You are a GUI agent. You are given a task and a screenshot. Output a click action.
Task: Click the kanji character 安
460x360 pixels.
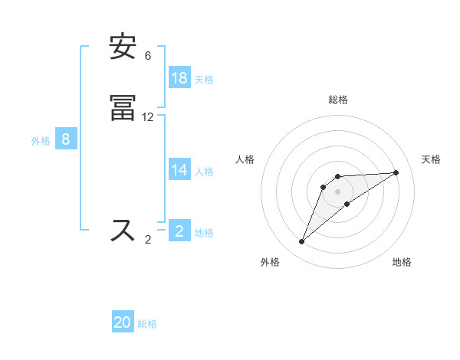tap(123, 48)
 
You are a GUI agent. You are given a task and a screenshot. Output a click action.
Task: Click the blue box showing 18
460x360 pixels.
tap(179, 78)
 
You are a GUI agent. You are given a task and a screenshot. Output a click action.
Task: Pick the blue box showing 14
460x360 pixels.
tap(179, 171)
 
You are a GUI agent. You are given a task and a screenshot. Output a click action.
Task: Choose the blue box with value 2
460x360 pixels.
tap(179, 231)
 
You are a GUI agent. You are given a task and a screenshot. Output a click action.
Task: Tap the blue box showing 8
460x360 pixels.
tap(66, 139)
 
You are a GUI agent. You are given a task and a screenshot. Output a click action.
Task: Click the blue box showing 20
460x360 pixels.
tap(123, 322)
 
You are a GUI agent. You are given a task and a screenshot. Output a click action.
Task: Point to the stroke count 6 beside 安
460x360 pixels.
tap(148, 56)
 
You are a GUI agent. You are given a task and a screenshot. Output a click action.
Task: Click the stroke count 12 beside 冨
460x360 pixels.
tap(148, 117)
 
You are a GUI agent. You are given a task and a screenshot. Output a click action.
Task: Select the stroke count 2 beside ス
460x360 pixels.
tap(148, 239)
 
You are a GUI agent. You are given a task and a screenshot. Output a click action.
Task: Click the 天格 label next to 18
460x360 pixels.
tap(204, 79)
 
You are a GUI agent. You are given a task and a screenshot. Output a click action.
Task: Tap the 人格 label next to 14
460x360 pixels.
tap(204, 172)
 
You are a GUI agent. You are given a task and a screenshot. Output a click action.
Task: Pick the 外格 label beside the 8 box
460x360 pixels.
tap(41, 140)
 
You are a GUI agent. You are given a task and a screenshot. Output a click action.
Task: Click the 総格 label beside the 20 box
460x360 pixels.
tap(147, 323)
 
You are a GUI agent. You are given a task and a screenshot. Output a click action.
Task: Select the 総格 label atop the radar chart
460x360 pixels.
tap(338, 100)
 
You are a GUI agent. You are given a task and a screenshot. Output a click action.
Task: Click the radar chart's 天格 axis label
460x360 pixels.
tap(431, 159)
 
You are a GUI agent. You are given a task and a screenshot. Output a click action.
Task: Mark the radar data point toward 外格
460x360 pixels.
tap(302, 242)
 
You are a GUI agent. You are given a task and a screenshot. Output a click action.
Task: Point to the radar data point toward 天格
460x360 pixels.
tap(396, 172)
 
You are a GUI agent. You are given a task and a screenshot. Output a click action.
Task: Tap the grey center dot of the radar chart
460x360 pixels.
tap(338, 191)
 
